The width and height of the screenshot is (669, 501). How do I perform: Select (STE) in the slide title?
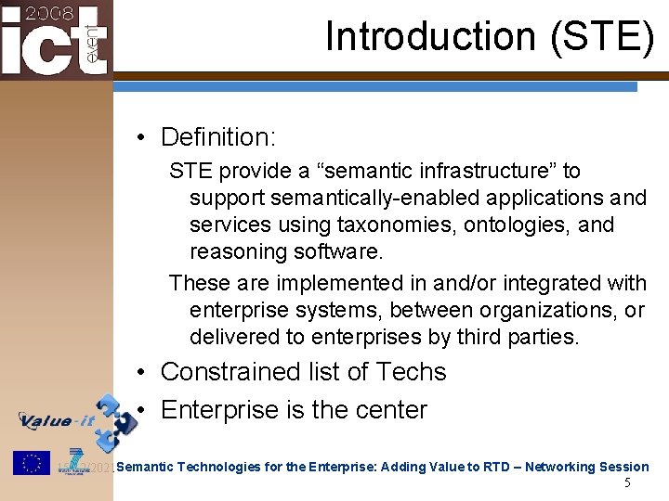[x=602, y=37]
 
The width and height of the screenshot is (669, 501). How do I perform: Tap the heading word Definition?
[x=218, y=137]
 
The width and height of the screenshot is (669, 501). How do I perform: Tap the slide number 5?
[x=627, y=483]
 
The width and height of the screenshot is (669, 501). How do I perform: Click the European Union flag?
[x=31, y=462]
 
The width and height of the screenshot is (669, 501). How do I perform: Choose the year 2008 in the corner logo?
[x=43, y=13]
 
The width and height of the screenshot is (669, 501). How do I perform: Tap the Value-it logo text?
[x=59, y=420]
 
